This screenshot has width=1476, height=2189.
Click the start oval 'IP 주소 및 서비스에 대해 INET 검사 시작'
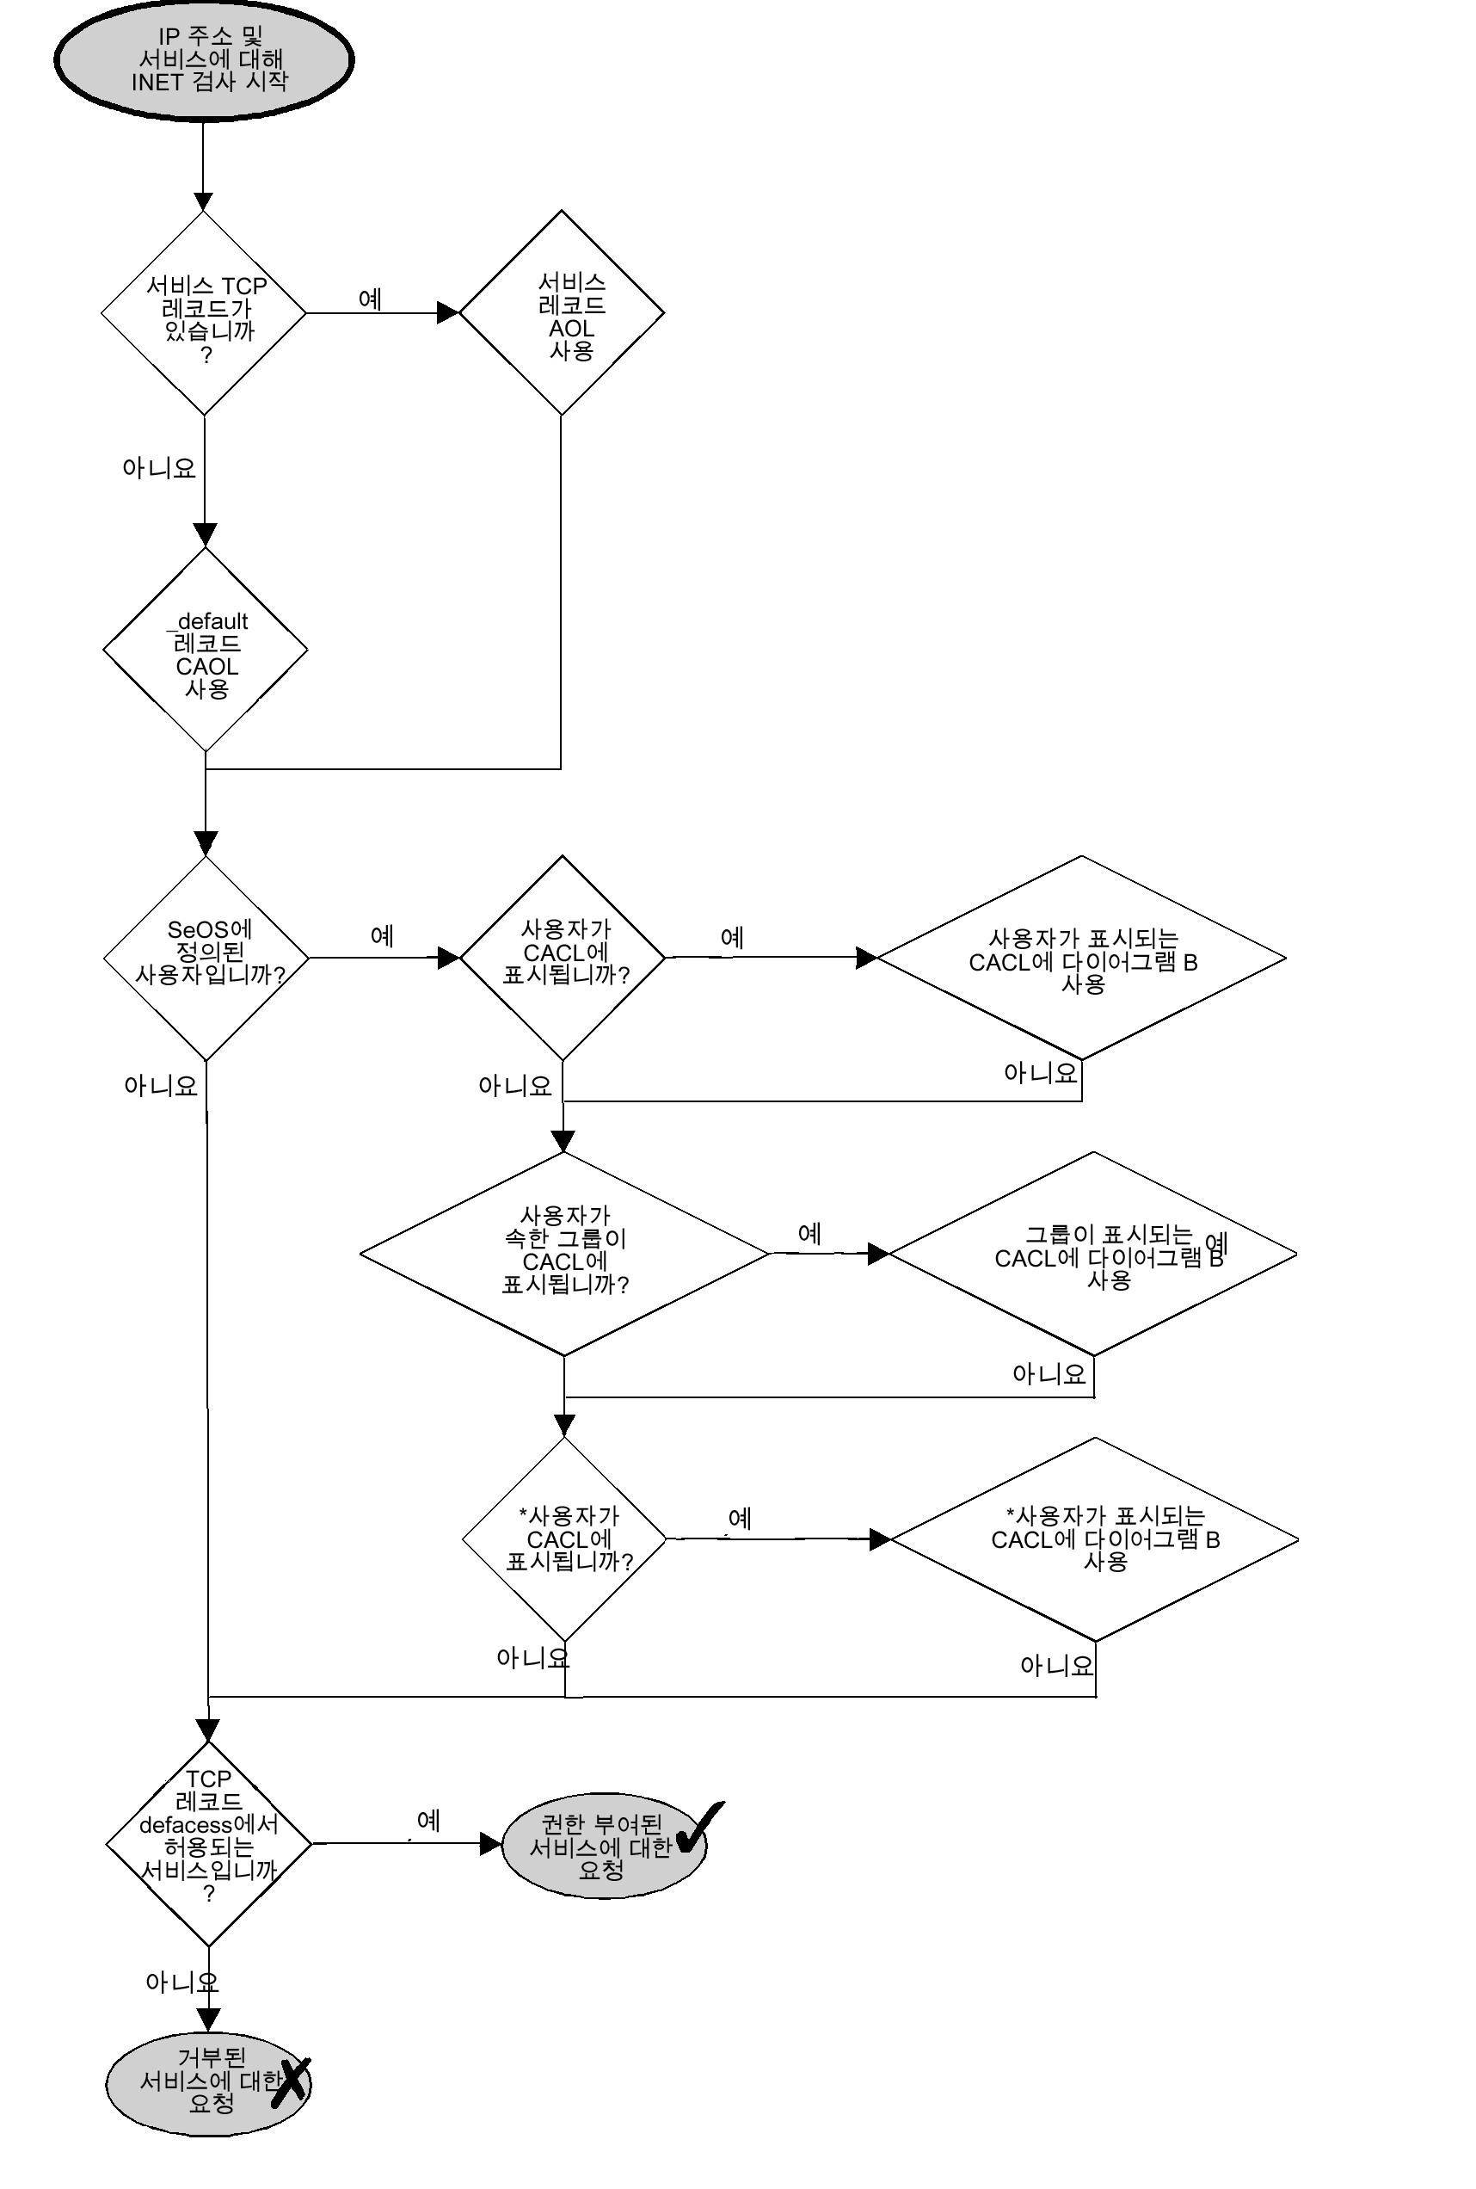point(203,59)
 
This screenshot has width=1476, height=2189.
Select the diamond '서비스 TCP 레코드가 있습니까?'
point(204,312)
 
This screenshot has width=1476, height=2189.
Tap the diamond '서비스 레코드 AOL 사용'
point(562,312)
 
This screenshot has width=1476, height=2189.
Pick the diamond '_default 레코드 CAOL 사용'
point(206,649)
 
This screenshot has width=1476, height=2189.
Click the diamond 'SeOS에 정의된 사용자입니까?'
point(206,958)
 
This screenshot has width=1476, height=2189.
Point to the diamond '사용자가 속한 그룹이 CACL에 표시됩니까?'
point(565,1253)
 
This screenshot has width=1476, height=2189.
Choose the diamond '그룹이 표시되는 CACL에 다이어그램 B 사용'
point(1093,1254)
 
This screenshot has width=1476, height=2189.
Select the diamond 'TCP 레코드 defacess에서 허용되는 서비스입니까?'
point(208,1842)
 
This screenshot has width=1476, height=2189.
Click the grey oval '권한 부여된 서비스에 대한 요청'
point(602,1846)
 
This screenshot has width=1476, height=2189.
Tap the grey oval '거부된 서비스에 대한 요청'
point(207,2085)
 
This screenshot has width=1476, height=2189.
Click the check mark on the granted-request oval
point(698,1827)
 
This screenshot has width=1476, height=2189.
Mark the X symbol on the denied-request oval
point(291,2080)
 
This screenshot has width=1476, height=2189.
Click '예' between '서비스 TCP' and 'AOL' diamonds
point(370,299)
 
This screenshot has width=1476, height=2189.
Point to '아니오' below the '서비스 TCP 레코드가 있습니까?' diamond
point(159,468)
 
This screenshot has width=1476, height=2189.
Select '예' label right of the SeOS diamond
point(382,936)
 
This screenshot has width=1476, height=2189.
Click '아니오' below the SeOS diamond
point(161,1086)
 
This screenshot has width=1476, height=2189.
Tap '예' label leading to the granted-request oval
point(428,1820)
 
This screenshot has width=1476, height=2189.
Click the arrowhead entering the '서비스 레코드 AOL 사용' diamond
point(448,312)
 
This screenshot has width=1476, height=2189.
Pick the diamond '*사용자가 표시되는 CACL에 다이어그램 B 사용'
point(1095,1539)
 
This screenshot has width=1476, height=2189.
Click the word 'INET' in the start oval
point(158,83)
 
